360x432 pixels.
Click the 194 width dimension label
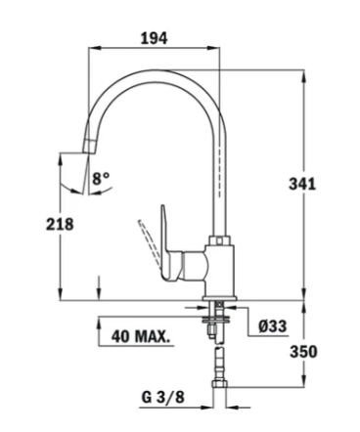[x=154, y=38]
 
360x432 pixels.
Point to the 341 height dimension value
[x=302, y=184]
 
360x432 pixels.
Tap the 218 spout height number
[x=60, y=224]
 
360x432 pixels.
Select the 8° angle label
[x=101, y=179]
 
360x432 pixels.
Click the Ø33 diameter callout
[x=273, y=326]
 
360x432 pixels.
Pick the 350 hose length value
[x=303, y=352]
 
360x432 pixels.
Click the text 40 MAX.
[x=141, y=336]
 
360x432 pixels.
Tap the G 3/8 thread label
[x=163, y=397]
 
